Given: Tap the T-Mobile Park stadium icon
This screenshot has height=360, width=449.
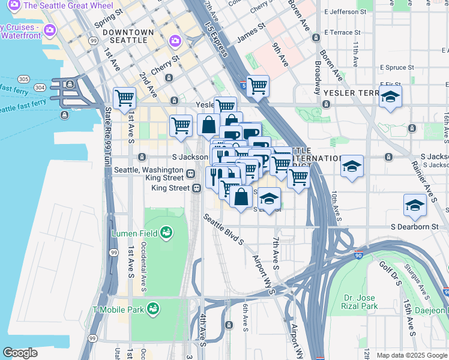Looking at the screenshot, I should click(154, 308).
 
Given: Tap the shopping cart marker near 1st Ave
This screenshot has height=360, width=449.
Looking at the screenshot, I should click(124, 97).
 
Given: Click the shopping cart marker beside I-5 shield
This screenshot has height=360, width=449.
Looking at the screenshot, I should click(258, 85).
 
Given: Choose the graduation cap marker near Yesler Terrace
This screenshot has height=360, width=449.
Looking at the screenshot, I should click(390, 97).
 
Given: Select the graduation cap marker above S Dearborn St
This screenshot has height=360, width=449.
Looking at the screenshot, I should click(415, 205).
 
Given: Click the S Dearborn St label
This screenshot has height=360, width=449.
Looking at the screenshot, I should click(415, 227).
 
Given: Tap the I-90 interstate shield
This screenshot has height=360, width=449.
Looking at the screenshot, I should click(359, 254).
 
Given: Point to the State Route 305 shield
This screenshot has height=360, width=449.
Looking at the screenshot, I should click(24, 79).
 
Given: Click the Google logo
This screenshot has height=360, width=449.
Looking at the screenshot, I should click(20, 353).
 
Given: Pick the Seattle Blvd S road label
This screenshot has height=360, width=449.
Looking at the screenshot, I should click(224, 231).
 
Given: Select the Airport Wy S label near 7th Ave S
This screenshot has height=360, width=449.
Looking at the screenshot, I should click(264, 274).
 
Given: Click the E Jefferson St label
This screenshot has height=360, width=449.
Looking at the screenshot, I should click(345, 11).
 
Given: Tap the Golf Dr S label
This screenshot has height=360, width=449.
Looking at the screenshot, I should click(390, 273).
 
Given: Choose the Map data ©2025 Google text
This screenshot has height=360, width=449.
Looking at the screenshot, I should click(411, 355).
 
